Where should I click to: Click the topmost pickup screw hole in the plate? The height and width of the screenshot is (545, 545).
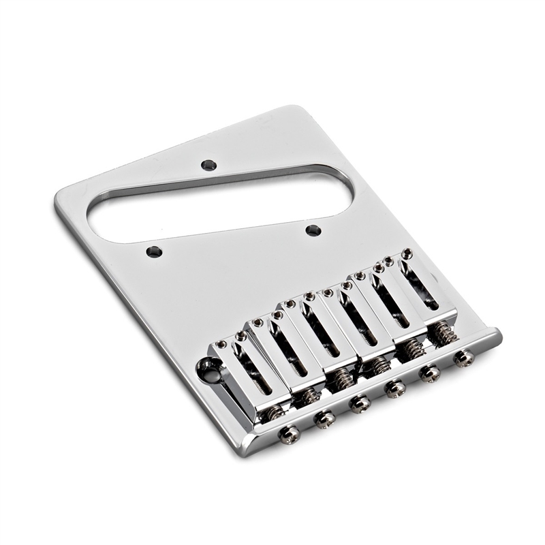point(209,165)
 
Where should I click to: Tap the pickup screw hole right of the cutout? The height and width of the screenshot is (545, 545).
point(313,230)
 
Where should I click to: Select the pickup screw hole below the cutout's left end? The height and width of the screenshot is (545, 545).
point(155,251)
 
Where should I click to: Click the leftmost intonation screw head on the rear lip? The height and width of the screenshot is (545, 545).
point(289,433)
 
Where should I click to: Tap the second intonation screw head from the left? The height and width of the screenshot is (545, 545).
point(324,420)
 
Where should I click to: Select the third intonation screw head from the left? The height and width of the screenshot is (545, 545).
point(359,404)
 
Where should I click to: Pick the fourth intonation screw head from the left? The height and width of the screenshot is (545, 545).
point(394,388)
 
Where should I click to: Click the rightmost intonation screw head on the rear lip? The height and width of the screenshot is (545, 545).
point(465,358)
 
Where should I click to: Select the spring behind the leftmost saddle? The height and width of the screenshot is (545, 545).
point(275,412)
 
